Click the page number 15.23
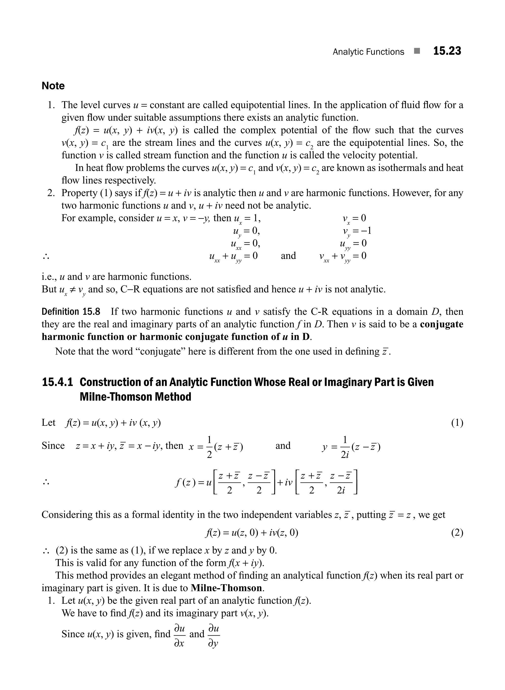447,51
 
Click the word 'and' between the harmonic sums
288,255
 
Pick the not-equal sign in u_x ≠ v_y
73,289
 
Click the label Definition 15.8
71,312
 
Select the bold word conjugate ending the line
441,324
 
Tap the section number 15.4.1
57,382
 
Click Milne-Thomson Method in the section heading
135,397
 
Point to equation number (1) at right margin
457,423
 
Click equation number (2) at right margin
457,533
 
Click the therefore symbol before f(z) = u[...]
46,483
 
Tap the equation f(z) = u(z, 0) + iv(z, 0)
252,533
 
